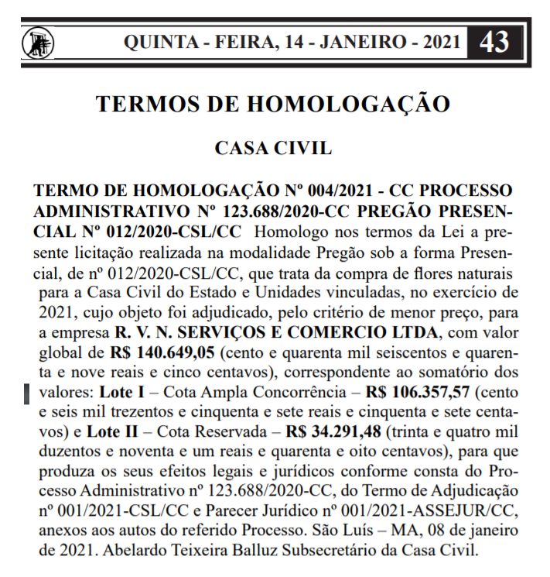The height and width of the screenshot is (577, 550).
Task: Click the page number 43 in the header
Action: click(494, 41)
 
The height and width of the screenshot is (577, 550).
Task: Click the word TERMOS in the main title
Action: click(147, 104)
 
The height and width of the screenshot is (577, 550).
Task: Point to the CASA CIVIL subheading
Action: click(274, 148)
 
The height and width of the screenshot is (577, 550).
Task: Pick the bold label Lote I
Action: click(104, 393)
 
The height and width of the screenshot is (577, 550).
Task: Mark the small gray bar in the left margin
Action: click(26, 393)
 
